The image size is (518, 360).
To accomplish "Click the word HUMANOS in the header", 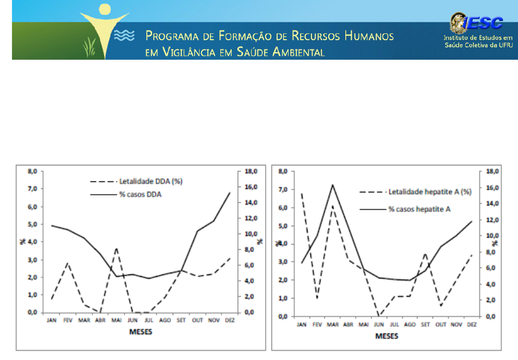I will pos(369,37).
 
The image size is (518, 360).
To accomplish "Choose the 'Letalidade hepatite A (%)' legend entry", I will pos(429,192).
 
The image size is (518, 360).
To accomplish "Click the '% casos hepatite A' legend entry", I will pos(419,210).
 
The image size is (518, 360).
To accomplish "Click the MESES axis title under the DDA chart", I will pos(141,332).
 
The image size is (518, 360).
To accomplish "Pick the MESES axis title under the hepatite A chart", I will pos(385,337).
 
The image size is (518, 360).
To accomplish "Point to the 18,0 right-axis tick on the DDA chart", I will pos(253,171).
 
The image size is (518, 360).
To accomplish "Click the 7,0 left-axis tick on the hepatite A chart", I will pos(282,189).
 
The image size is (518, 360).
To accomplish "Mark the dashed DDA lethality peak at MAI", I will pos(116,249).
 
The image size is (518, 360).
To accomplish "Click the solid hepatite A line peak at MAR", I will pos(332,185).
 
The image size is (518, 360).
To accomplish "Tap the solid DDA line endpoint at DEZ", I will pos(230,193).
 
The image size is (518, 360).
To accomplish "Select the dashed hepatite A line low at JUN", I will pos(379,316).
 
